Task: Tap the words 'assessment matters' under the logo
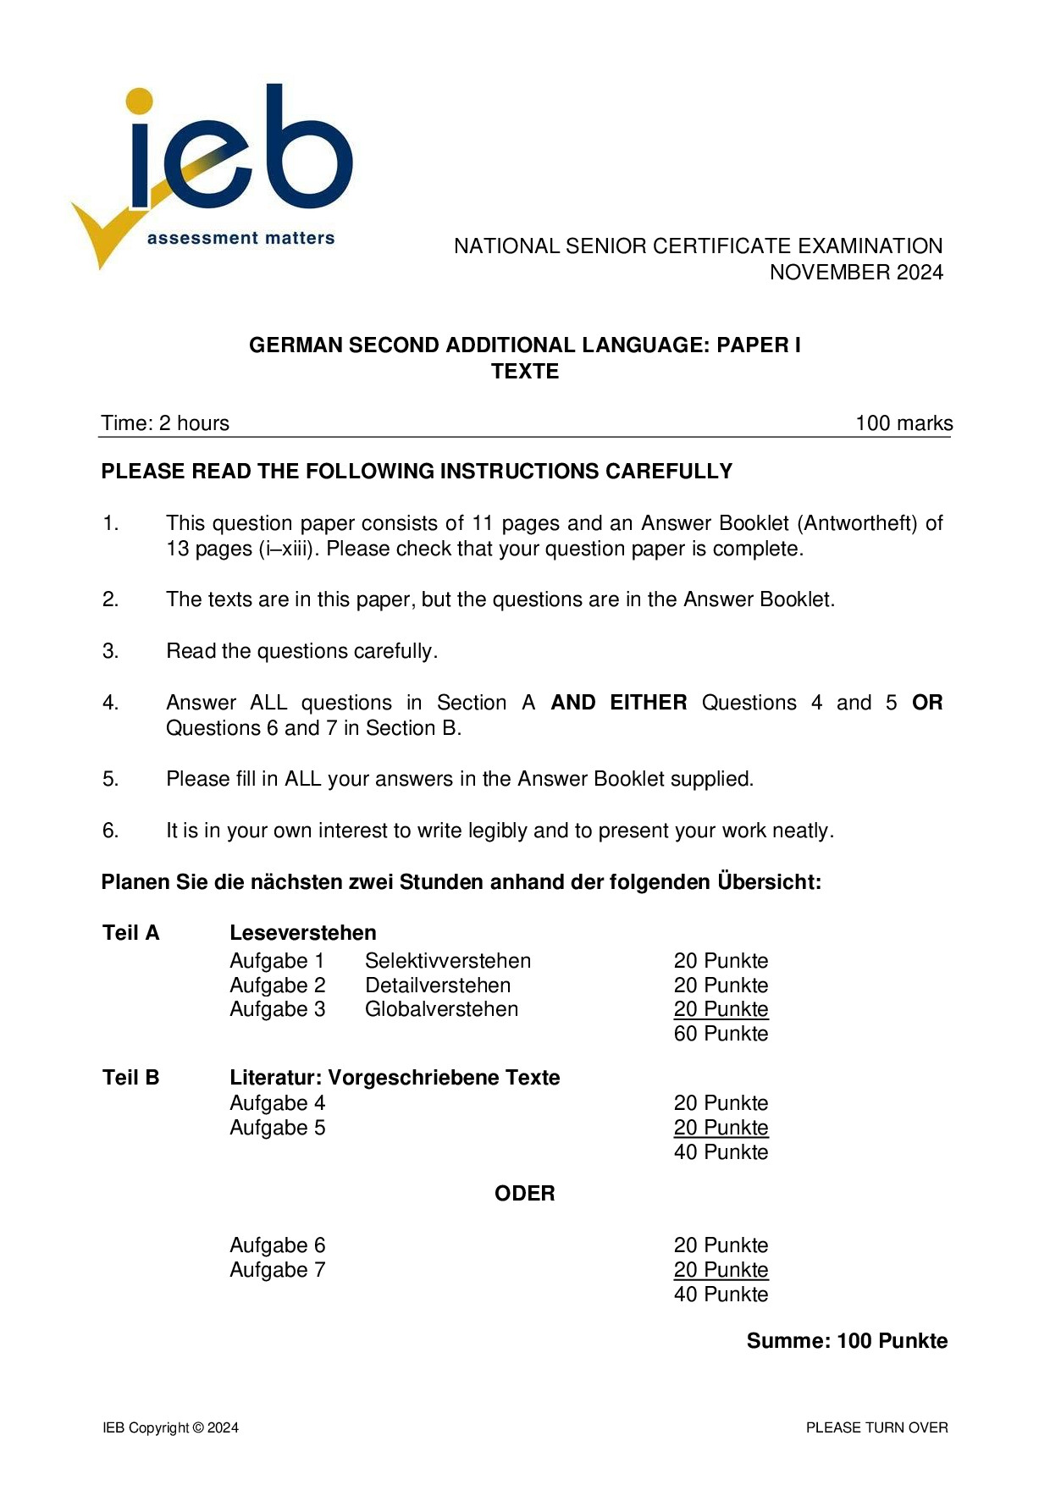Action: (x=240, y=239)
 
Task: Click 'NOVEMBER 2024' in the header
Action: (x=855, y=272)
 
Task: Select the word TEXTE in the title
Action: (x=525, y=372)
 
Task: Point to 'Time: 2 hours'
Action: (x=165, y=423)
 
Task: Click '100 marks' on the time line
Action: (x=904, y=423)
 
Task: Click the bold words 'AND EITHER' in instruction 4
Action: (x=618, y=703)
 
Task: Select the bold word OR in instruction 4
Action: (x=927, y=703)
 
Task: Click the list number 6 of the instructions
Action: (x=110, y=831)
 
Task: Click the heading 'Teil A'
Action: (x=130, y=933)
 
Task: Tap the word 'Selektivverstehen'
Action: (x=448, y=961)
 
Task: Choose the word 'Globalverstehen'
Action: (x=441, y=1009)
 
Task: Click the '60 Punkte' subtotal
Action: (x=721, y=1034)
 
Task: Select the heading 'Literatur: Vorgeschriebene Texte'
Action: (x=395, y=1078)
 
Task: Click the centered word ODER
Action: (x=525, y=1194)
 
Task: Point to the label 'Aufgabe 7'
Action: (x=277, y=1270)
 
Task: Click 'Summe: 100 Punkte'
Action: (x=847, y=1341)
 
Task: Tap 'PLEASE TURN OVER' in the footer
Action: (x=876, y=1428)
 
